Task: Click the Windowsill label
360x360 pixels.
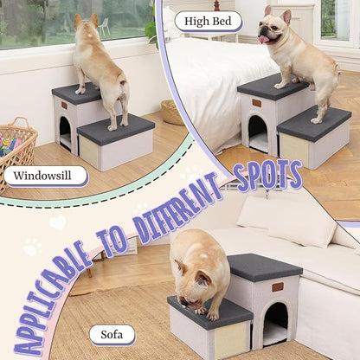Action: click(x=46, y=177)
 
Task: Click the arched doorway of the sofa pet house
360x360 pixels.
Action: click(x=275, y=323)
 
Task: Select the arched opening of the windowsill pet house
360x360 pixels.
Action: click(x=65, y=132)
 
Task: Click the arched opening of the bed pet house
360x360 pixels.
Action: click(x=258, y=132)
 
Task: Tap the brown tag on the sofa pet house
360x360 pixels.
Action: click(x=276, y=286)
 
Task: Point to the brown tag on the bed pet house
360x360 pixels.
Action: click(x=256, y=102)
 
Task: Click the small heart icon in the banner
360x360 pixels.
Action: click(x=57, y=222)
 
